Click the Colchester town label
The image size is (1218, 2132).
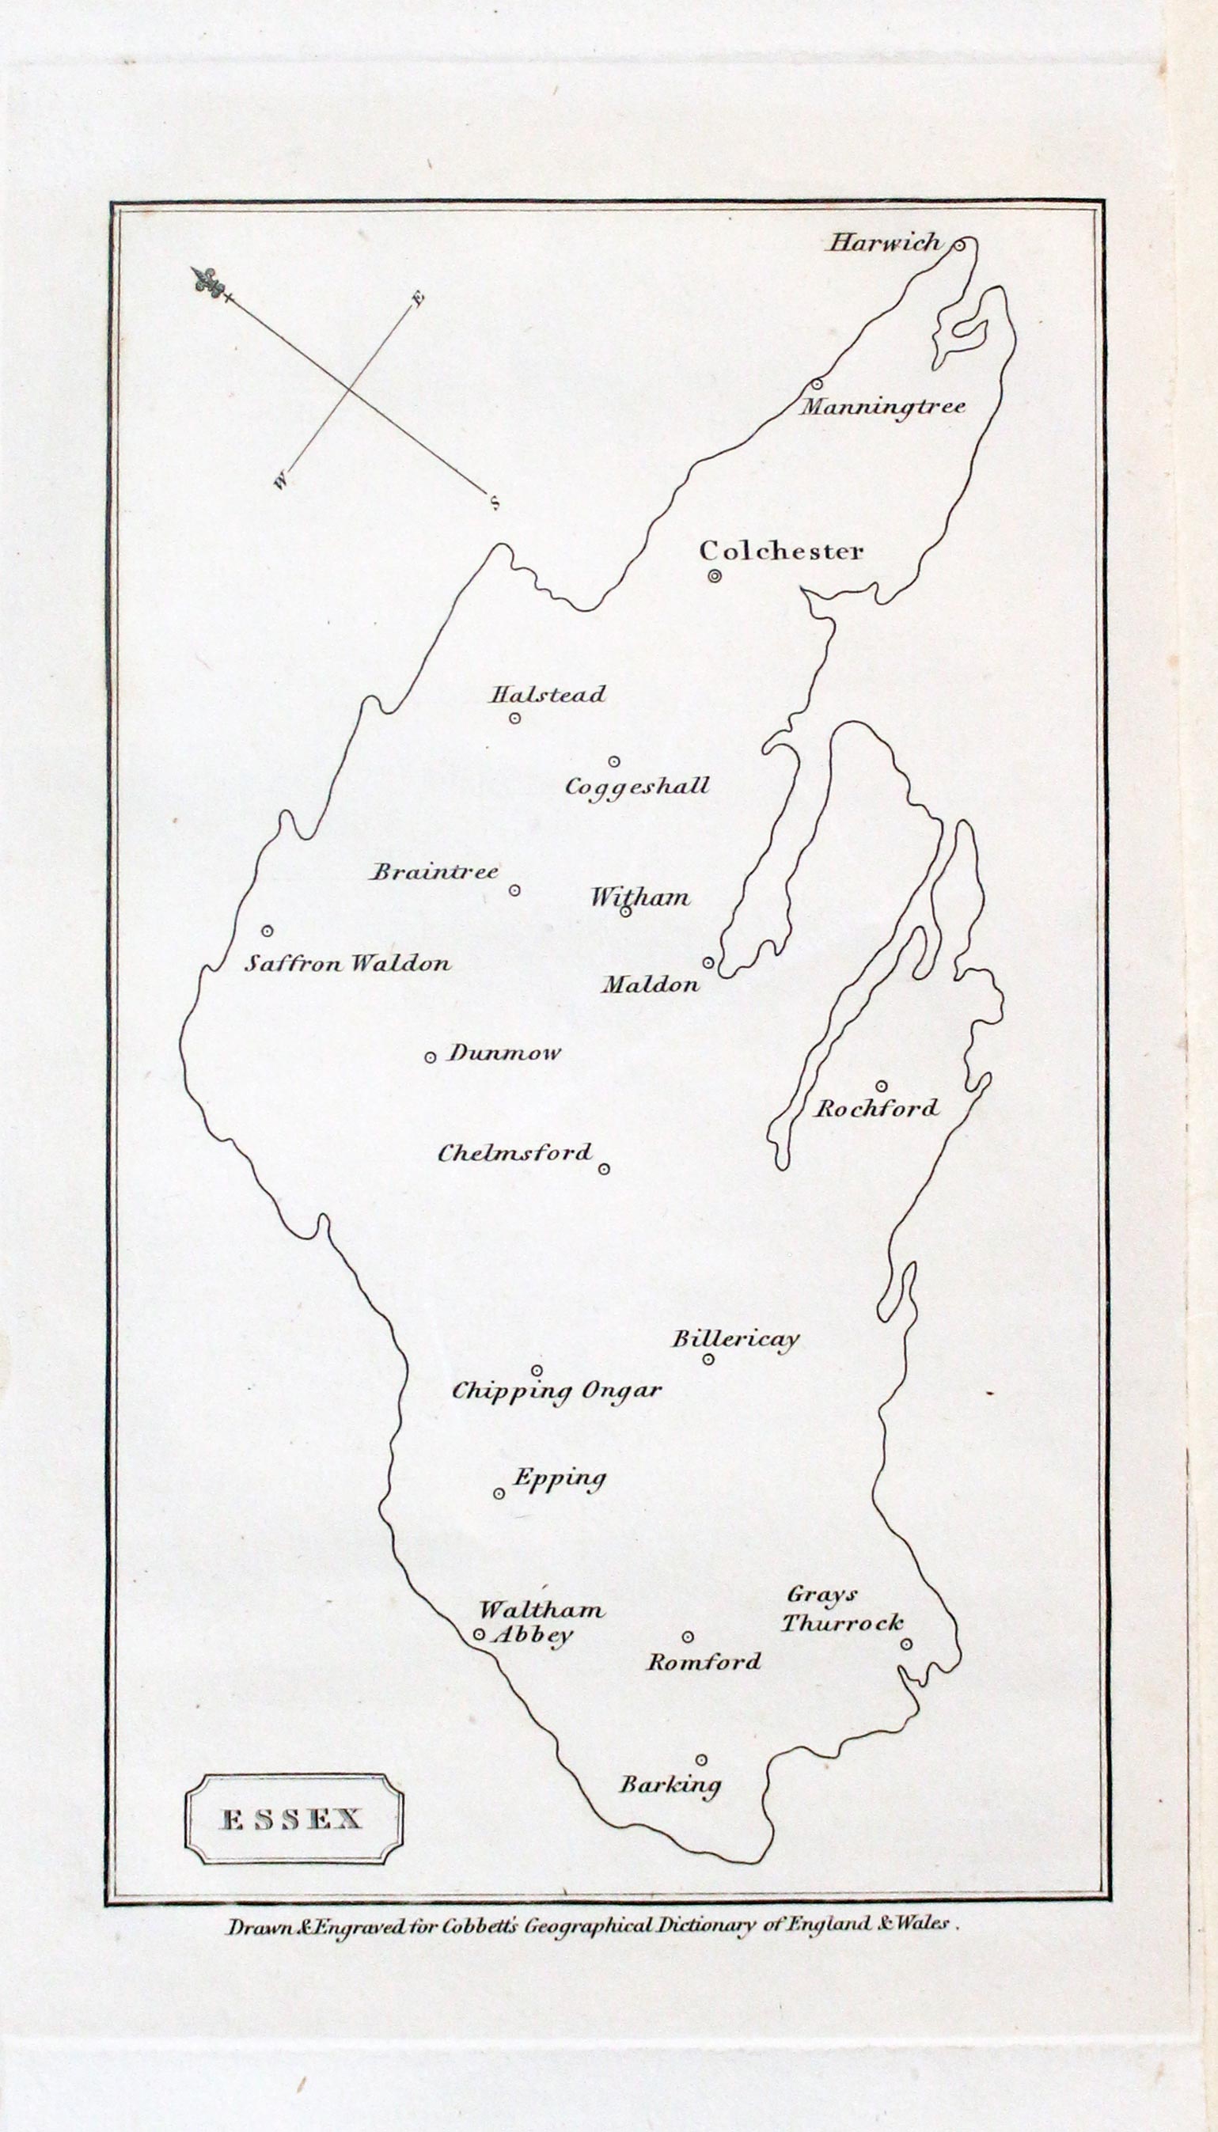[x=781, y=551]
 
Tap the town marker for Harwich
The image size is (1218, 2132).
[x=960, y=245]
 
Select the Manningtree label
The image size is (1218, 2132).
[x=882, y=408]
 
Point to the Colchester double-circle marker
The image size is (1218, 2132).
[x=715, y=575]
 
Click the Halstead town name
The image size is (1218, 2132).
[x=547, y=695]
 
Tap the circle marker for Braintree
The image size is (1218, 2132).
[x=514, y=890]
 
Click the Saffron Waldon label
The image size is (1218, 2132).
[x=347, y=964]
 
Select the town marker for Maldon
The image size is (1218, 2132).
[x=708, y=962]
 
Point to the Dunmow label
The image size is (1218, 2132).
[x=503, y=1053]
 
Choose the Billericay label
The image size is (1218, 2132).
[x=736, y=1339]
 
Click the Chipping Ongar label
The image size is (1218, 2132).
[x=557, y=1391]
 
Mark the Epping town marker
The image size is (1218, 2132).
[x=499, y=1493]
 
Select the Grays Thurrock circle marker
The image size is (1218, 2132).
[x=906, y=1645]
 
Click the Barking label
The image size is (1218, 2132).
[x=670, y=1785]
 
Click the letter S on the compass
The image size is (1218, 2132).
[x=495, y=503]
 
